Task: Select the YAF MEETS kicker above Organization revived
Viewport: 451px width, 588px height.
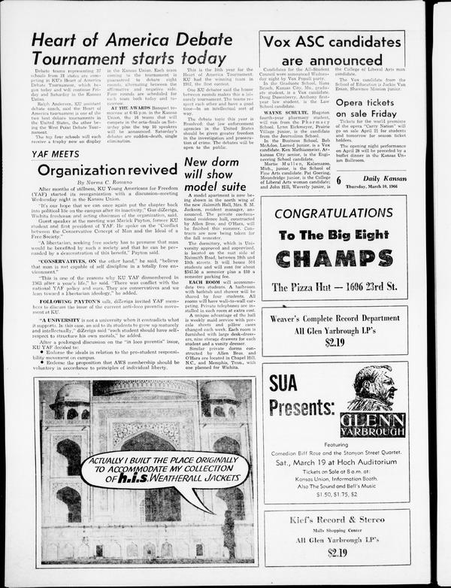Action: [55, 153]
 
